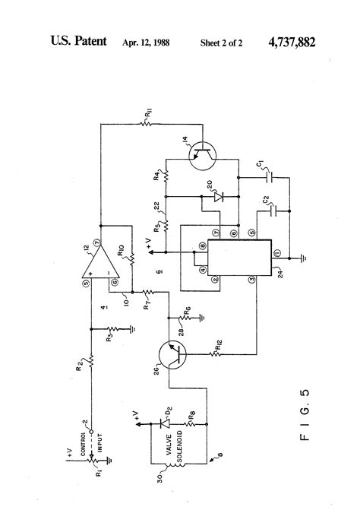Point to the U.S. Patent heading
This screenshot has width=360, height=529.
coord(78,43)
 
